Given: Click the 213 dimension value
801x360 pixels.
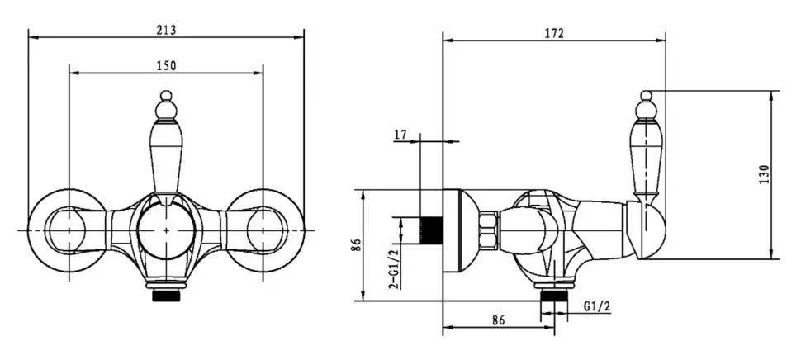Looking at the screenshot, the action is click(x=166, y=30).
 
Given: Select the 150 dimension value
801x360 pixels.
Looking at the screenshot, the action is click(x=166, y=66).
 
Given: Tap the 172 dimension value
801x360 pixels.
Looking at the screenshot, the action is click(x=554, y=34).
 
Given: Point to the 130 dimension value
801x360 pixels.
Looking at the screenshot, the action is click(x=764, y=175).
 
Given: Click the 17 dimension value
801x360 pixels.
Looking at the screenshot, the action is click(x=400, y=135).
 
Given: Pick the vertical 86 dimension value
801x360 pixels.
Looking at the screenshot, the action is click(x=357, y=245).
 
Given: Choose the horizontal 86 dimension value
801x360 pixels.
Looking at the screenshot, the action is click(x=499, y=320).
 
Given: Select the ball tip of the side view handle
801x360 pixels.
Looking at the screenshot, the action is click(x=647, y=96).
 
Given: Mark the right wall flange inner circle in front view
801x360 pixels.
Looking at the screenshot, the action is click(x=266, y=230).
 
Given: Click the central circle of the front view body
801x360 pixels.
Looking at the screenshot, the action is click(x=167, y=230).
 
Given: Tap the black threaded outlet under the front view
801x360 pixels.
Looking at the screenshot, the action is click(x=167, y=296).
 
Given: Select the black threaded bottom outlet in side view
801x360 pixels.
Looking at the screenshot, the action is click(x=554, y=295).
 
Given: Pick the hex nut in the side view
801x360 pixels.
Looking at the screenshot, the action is click(x=490, y=230).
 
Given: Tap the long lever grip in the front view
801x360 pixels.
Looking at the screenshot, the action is click(x=167, y=156).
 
